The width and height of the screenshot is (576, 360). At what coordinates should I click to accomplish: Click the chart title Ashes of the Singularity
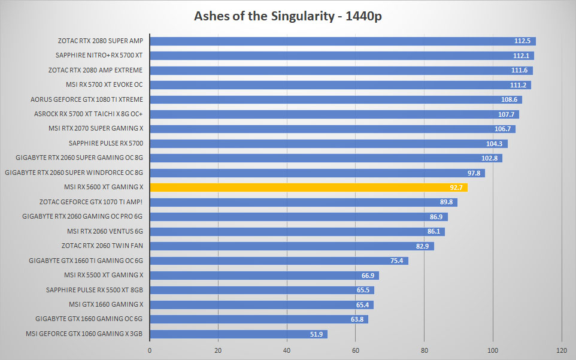(264, 16)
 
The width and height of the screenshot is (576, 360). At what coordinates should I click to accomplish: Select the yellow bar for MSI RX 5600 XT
(308, 187)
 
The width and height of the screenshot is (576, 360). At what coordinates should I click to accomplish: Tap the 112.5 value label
(522, 41)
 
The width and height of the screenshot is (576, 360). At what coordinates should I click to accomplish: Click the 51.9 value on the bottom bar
(316, 334)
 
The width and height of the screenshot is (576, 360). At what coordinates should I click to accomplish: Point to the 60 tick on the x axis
(355, 350)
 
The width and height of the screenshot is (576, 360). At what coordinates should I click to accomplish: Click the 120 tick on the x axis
(562, 350)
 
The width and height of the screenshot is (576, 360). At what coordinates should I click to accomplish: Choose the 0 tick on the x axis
(150, 350)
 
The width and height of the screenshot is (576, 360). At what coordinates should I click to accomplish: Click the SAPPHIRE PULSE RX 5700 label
(106, 143)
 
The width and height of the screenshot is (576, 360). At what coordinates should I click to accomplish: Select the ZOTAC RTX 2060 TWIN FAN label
(102, 246)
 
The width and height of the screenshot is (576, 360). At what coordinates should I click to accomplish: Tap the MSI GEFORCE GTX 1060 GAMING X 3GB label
(84, 334)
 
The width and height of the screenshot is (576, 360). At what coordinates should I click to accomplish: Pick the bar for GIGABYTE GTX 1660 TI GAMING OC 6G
(279, 261)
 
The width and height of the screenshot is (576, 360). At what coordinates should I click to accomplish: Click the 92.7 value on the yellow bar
(456, 187)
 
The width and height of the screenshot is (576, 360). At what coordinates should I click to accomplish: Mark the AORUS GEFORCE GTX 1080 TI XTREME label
(87, 99)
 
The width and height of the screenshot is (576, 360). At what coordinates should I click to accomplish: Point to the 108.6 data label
(509, 99)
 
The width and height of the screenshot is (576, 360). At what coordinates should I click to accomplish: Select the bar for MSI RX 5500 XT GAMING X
(265, 276)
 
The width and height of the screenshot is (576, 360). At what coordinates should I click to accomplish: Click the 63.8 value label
(357, 320)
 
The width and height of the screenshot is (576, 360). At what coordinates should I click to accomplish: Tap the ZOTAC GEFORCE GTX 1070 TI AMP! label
(91, 202)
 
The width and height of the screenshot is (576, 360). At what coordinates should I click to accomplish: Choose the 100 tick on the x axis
(493, 350)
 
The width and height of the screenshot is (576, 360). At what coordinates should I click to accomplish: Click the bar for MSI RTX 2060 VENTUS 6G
(297, 231)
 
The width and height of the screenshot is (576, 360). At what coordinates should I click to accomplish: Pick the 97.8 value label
(474, 173)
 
